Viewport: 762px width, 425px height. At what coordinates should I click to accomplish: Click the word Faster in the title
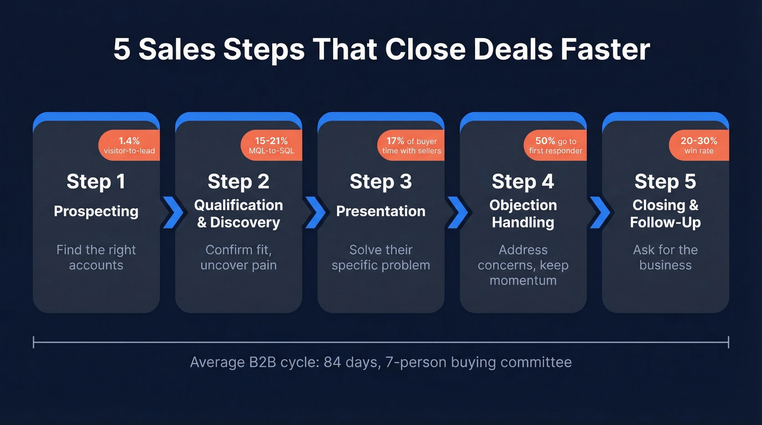pyautogui.click(x=605, y=50)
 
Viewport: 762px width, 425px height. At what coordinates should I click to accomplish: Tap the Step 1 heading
pyautogui.click(x=96, y=182)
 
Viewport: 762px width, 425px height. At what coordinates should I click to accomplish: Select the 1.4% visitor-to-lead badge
pyautogui.click(x=129, y=145)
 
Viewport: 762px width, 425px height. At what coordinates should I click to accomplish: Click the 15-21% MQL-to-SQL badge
pyautogui.click(x=271, y=145)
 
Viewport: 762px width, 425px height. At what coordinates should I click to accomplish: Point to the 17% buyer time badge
pyautogui.click(x=411, y=145)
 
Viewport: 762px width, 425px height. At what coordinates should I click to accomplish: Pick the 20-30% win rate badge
pyautogui.click(x=699, y=145)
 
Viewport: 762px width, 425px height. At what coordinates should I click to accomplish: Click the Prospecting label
pyautogui.click(x=96, y=211)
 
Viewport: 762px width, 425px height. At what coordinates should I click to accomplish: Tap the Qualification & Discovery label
pyautogui.click(x=238, y=213)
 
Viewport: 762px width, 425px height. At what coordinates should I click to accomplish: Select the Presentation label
pyautogui.click(x=380, y=211)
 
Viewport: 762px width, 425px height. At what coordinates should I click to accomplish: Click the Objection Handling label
pyautogui.click(x=523, y=213)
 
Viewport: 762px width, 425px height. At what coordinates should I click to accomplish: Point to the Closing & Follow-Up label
pyautogui.click(x=665, y=213)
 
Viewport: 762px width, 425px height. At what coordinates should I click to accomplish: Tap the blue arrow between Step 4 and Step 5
pyautogui.click(x=600, y=212)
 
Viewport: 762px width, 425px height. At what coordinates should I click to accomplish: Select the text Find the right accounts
pyautogui.click(x=96, y=257)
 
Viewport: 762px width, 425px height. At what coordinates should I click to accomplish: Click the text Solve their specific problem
pyautogui.click(x=380, y=257)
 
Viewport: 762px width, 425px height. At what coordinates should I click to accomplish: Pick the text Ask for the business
pyautogui.click(x=665, y=257)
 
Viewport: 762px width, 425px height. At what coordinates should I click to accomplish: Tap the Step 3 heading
pyautogui.click(x=380, y=182)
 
